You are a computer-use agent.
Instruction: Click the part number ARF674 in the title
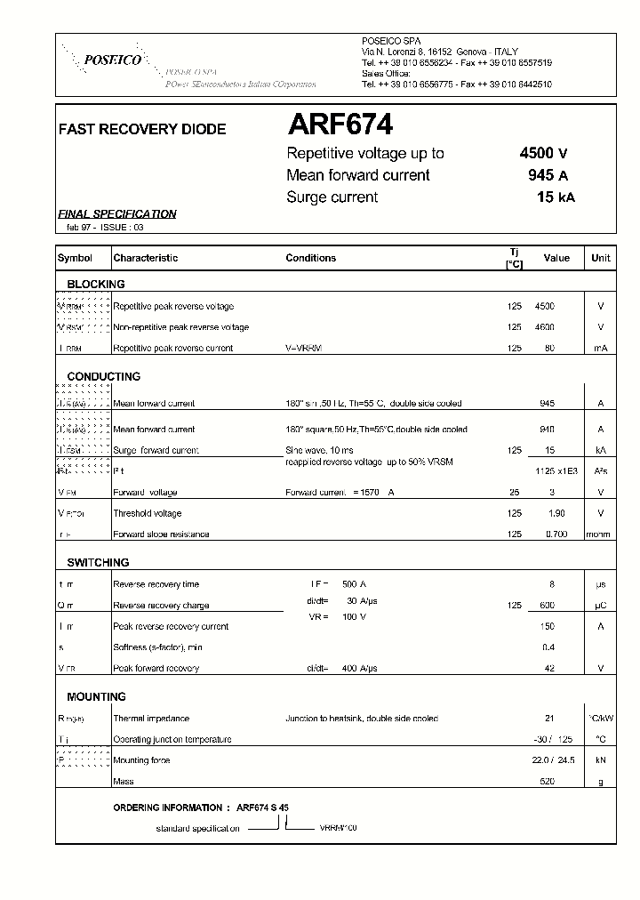[340, 125]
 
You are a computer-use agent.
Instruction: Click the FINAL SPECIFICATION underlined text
[117, 214]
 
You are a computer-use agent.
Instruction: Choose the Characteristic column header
[146, 258]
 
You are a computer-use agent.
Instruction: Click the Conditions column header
[311, 258]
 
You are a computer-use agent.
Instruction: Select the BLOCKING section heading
[96, 285]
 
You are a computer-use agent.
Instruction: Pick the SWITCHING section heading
[98, 563]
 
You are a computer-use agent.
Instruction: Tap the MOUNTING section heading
[96, 697]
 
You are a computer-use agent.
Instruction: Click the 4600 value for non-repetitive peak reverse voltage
[544, 327]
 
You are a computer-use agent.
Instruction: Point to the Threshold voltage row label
[148, 513]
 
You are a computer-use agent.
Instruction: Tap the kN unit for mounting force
[601, 760]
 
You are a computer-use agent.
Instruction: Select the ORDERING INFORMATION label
[168, 808]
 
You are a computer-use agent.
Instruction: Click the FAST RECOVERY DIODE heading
[142, 130]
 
